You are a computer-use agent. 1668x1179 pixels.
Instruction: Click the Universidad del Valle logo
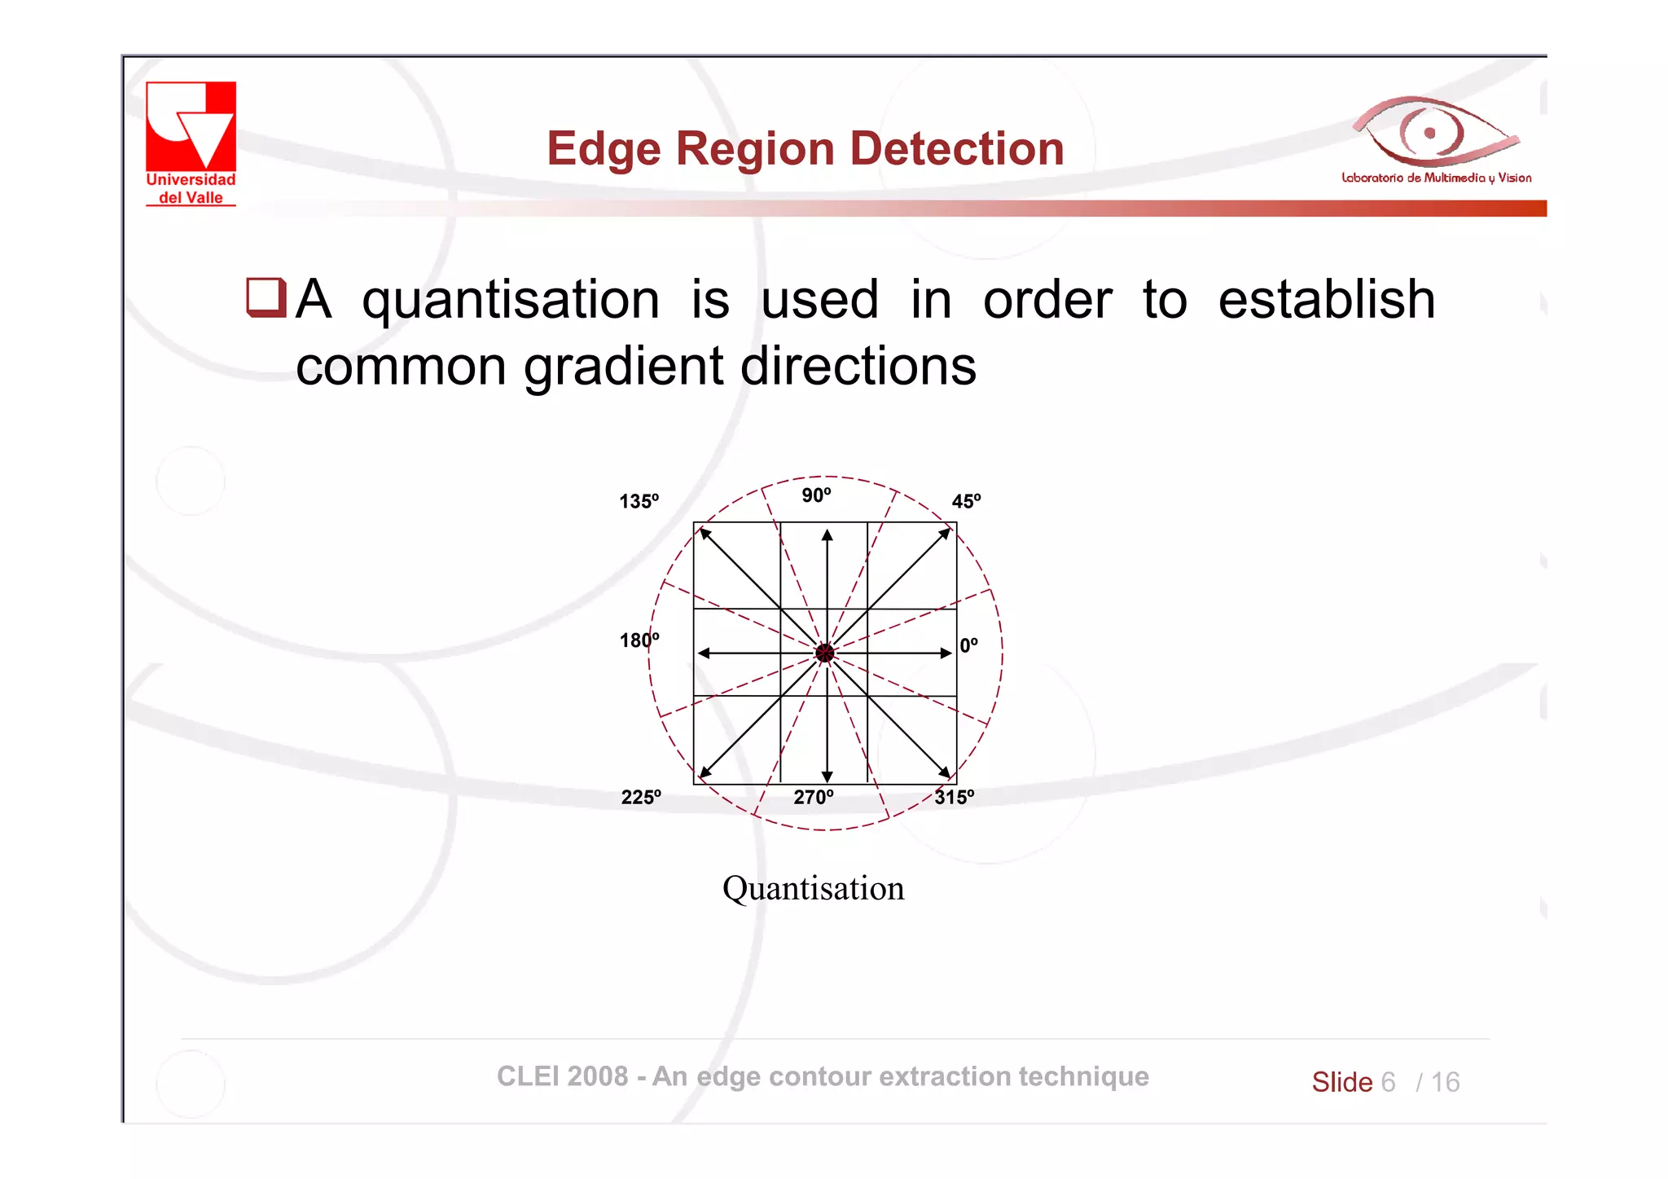click(x=191, y=143)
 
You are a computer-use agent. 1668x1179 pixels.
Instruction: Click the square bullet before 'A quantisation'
click(x=266, y=297)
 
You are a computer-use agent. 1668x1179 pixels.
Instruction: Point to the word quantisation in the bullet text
click(x=511, y=300)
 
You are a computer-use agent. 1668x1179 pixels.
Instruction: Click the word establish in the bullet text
click(x=1326, y=299)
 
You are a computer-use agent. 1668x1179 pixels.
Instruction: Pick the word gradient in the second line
click(x=623, y=367)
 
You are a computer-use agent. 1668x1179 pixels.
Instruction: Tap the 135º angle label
click(x=639, y=501)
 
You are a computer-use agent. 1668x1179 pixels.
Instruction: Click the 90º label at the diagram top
click(x=816, y=495)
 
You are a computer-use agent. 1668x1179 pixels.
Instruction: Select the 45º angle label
click(x=966, y=501)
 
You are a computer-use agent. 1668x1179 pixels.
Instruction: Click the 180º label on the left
click(x=639, y=640)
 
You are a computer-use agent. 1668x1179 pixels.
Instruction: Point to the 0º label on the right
click(x=968, y=645)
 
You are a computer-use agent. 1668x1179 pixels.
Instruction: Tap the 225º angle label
click(x=641, y=797)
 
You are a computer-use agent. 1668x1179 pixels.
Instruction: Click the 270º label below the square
click(x=814, y=797)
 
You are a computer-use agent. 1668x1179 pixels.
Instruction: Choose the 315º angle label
click(x=954, y=797)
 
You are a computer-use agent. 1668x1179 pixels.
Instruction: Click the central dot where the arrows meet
click(x=825, y=653)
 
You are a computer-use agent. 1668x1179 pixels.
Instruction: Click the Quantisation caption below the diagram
click(x=813, y=888)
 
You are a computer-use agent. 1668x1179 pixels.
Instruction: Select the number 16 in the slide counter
click(x=1445, y=1082)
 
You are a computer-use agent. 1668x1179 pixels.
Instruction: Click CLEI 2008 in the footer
click(x=562, y=1076)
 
